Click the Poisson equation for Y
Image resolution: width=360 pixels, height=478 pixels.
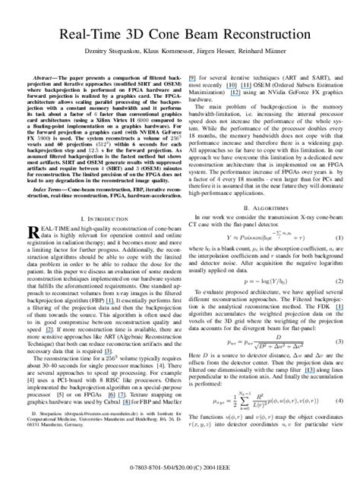259,238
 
